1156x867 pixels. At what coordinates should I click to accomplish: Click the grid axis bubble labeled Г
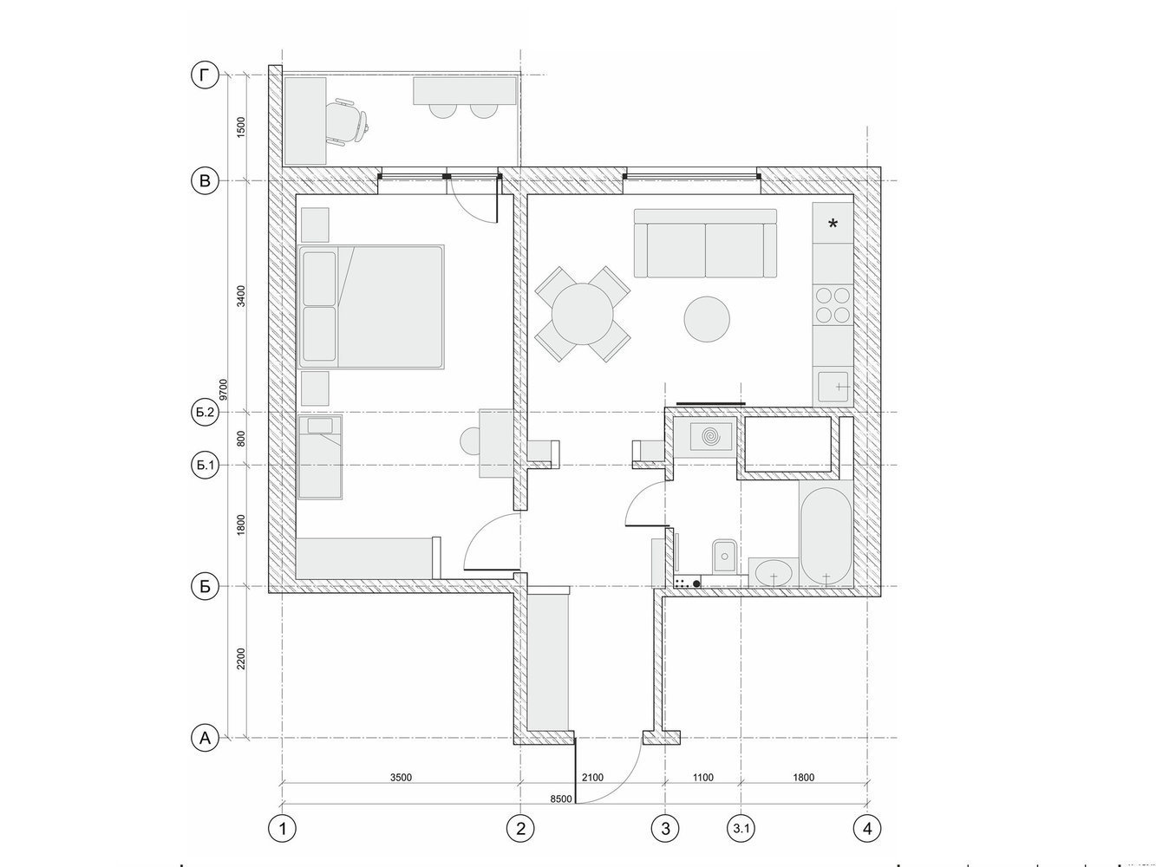pyautogui.click(x=205, y=75)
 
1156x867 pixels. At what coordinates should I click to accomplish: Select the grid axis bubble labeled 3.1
pyautogui.click(x=741, y=829)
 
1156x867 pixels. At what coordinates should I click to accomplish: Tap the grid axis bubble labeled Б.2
pyautogui.click(x=205, y=412)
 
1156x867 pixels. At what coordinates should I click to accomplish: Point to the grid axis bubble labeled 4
pyautogui.click(x=867, y=829)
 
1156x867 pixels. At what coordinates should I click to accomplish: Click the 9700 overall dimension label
pyautogui.click(x=224, y=390)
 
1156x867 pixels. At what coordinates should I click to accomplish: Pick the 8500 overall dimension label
pyautogui.click(x=560, y=799)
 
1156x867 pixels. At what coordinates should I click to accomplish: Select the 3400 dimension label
pyautogui.click(x=241, y=297)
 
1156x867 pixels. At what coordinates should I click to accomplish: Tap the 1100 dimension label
pyautogui.click(x=702, y=778)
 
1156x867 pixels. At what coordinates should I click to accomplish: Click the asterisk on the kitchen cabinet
pyautogui.click(x=833, y=225)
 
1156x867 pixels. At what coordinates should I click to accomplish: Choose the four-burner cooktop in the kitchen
pyautogui.click(x=833, y=305)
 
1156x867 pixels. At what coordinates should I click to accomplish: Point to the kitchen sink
pyautogui.click(x=833, y=386)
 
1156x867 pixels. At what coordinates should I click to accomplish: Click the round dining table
pyautogui.click(x=582, y=314)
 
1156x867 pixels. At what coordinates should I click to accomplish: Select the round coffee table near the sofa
pyautogui.click(x=706, y=319)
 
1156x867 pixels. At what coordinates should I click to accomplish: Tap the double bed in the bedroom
pyautogui.click(x=371, y=306)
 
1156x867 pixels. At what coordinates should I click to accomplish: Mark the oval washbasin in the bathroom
pyautogui.click(x=774, y=573)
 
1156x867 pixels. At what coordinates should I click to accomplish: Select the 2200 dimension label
pyautogui.click(x=241, y=659)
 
